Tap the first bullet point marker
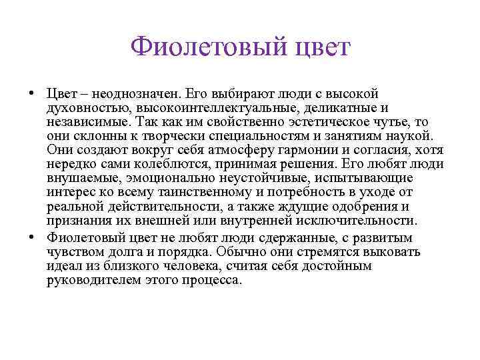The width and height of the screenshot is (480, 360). pyautogui.click(x=32, y=92)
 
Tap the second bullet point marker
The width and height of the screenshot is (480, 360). pyautogui.click(x=32, y=237)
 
